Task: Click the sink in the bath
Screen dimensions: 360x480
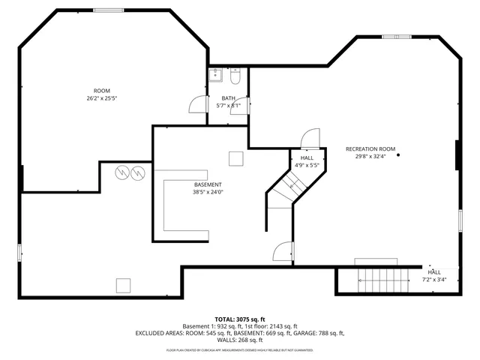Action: tap(216, 75)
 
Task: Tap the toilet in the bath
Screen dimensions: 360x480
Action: tap(235, 76)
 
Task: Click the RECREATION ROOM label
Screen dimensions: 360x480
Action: tap(370, 148)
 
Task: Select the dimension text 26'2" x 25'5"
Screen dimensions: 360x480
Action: tap(102, 97)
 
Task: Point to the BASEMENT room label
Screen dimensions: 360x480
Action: tap(208, 184)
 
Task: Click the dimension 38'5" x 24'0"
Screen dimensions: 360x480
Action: tap(208, 192)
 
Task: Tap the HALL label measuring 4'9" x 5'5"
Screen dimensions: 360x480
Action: tap(307, 158)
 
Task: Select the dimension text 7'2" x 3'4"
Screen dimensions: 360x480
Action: tap(434, 279)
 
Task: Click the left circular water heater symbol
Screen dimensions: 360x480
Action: tap(121, 173)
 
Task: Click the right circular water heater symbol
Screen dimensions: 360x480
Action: tap(137, 173)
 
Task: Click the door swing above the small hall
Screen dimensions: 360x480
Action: tap(308, 139)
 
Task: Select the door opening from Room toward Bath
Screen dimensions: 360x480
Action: tap(198, 105)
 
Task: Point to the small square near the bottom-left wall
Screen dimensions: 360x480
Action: tap(123, 284)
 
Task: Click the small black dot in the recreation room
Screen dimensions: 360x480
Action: tap(398, 154)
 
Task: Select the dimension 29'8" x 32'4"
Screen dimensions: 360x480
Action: tap(370, 157)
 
